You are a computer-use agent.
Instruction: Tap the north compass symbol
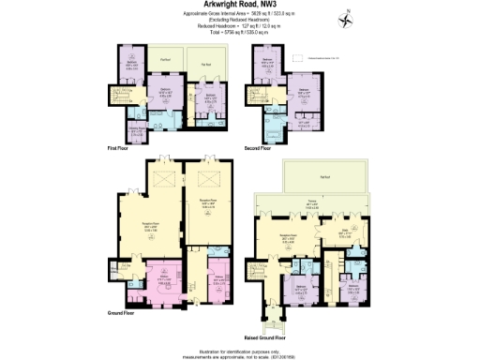click(x=347, y=20)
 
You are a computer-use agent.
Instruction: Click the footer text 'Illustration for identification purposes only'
click(x=239, y=345)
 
